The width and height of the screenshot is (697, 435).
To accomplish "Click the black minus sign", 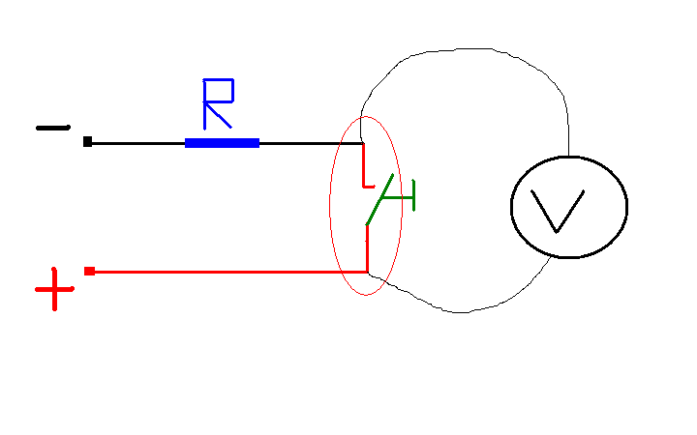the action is [53, 128].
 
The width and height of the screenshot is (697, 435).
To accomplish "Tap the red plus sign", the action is [54, 289].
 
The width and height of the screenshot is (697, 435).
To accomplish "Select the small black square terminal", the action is [87, 141].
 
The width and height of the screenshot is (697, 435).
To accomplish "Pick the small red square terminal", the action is [89, 272].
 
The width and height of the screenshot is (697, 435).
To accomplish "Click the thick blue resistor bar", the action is [222, 143].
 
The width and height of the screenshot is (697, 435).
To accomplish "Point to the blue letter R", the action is [218, 103].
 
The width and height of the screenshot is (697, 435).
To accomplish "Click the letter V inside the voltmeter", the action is [557, 211].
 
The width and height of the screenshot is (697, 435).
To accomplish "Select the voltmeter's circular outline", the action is [511, 207].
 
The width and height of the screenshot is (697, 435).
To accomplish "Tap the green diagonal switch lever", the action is [379, 200].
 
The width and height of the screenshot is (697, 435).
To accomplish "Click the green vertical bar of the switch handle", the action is [414, 195].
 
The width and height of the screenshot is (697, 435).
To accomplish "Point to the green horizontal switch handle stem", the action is [398, 197].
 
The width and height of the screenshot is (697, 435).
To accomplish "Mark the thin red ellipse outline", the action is [330, 206].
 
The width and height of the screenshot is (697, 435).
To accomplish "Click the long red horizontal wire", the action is [231, 272].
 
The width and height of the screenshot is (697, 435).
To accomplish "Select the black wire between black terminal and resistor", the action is [138, 143].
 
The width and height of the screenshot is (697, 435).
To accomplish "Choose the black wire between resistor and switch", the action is [312, 143].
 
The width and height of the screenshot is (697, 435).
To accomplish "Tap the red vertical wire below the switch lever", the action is [367, 248].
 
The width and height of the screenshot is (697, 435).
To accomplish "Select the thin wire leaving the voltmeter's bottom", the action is [463, 312].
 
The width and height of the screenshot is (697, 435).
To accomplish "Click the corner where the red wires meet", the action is [367, 272].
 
